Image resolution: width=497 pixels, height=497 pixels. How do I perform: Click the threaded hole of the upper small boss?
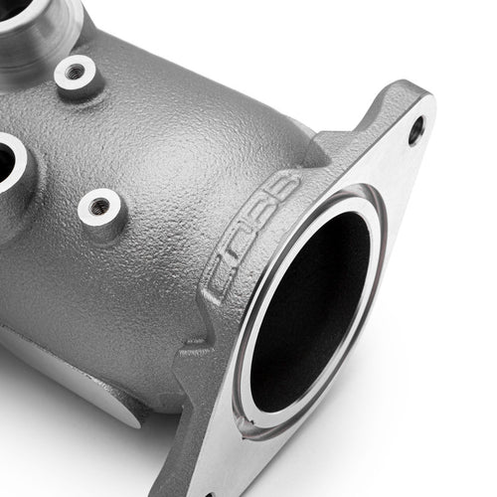[76, 72]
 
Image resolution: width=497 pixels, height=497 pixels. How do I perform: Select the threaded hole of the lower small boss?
[100, 207]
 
